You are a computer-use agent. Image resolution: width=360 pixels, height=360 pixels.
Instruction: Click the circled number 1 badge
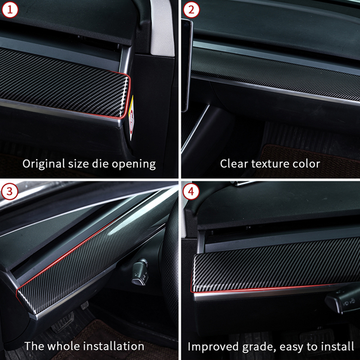point(10,10)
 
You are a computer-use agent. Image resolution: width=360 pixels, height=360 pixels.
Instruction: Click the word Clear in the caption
point(234,163)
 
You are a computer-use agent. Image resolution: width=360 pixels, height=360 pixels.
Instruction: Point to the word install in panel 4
point(339,346)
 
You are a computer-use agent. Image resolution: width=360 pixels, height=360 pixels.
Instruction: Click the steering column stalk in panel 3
point(140,273)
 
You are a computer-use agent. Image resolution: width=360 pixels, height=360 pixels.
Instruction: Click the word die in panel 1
point(100,163)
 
